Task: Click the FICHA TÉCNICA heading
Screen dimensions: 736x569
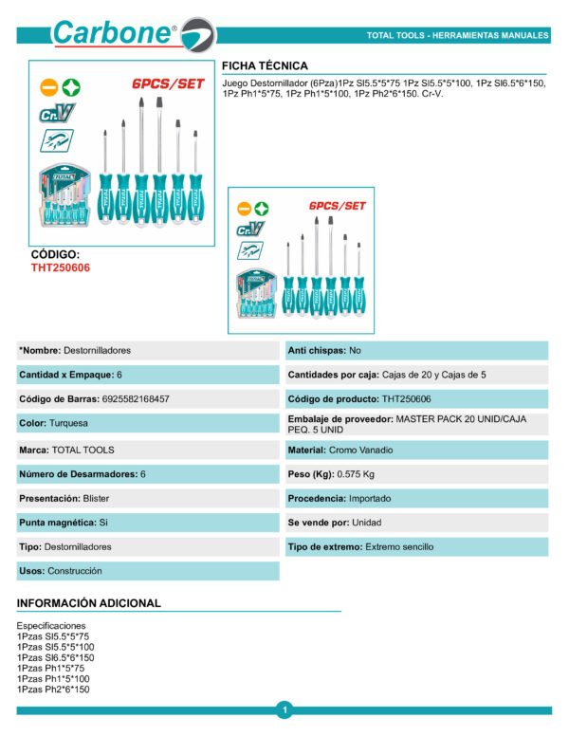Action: click(x=265, y=65)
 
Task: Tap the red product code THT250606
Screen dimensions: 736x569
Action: click(x=61, y=268)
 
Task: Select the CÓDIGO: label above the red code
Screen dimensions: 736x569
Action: click(x=56, y=255)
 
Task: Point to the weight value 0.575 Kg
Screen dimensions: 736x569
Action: click(x=357, y=474)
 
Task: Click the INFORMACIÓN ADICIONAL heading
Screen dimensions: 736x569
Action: click(x=89, y=603)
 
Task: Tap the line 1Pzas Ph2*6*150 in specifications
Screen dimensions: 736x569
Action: click(x=53, y=689)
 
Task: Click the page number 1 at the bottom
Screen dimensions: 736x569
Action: click(x=284, y=708)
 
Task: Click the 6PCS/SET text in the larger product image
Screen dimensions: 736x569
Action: click(x=169, y=84)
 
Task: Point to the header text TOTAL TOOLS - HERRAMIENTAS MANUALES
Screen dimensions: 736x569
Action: click(x=457, y=36)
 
